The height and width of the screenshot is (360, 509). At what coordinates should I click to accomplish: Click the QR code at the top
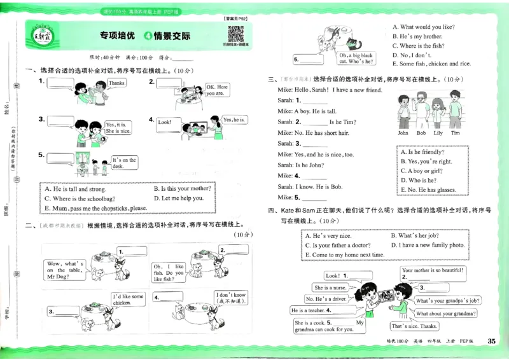pyautogui.click(x=235, y=34)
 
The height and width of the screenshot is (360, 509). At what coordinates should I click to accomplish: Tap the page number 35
pyautogui.click(x=491, y=342)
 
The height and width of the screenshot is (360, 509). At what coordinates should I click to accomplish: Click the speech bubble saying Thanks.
pyautogui.click(x=116, y=83)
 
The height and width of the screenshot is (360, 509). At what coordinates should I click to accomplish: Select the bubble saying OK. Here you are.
pyautogui.click(x=216, y=90)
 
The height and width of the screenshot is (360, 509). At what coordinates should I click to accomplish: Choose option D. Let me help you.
pyautogui.click(x=179, y=198)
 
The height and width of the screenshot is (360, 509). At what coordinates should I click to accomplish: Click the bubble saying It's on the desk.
pyautogui.click(x=124, y=163)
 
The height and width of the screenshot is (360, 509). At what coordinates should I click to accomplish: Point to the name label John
pyautogui.click(x=403, y=133)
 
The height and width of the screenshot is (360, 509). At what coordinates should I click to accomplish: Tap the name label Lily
pyautogui.click(x=438, y=133)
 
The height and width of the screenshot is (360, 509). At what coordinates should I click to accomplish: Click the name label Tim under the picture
pyautogui.click(x=456, y=133)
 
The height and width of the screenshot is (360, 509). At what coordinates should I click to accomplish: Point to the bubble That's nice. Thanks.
pyautogui.click(x=414, y=326)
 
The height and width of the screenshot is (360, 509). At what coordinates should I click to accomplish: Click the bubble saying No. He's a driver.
pyautogui.click(x=326, y=299)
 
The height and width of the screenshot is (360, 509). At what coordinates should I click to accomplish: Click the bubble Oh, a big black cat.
pyautogui.click(x=358, y=59)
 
